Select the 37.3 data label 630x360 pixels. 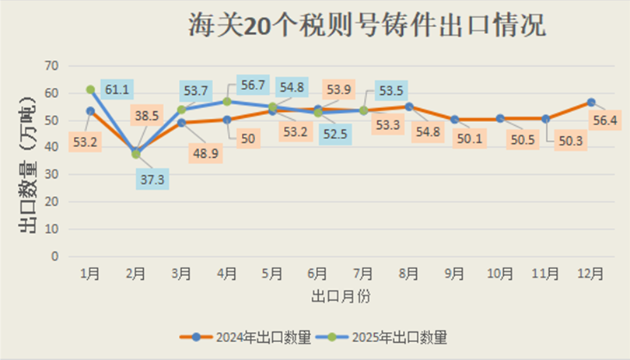pos(152,180)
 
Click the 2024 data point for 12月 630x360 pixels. pos(591,103)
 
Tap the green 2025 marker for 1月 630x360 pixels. pos(90,90)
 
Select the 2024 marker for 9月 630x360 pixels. pos(454,120)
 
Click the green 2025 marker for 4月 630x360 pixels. pos(227,102)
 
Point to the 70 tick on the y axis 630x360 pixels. pos(53,65)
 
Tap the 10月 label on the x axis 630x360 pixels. pos(500,274)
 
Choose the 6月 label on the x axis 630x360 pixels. pos(317,274)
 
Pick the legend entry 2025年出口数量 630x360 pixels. pos(380,337)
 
